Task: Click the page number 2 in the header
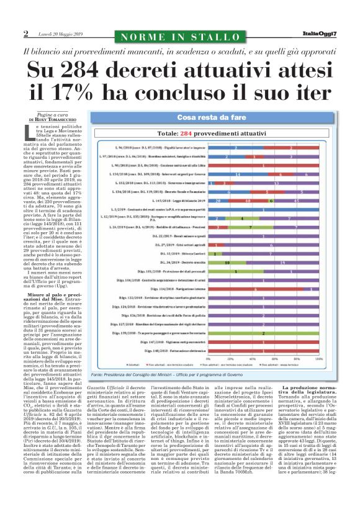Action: pos(26,33)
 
